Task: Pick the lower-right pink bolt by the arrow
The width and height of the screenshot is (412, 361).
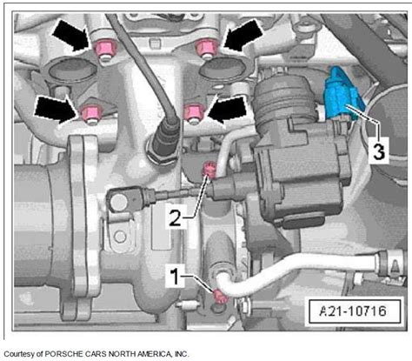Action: (x=195, y=111)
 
